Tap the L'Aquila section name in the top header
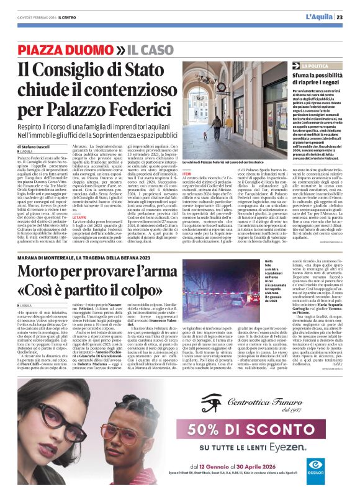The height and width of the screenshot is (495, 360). click(318, 17)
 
